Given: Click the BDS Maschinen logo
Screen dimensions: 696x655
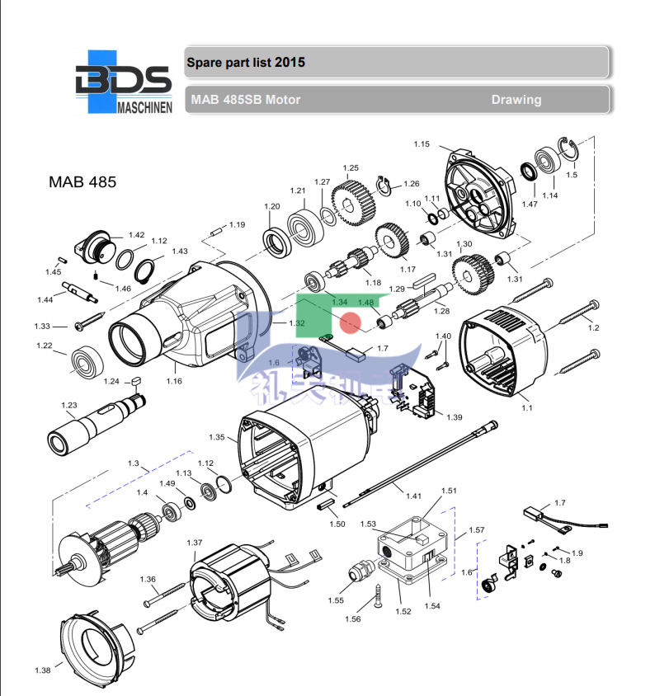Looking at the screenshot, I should pos(123,82).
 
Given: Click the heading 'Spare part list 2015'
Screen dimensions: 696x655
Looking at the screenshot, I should pos(246,62).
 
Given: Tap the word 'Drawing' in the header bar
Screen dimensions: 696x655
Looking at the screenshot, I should pos(516,100).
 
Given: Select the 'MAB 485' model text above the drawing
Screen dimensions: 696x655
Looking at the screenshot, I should pos(83,181).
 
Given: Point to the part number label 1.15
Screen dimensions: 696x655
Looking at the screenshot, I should pos(422,144).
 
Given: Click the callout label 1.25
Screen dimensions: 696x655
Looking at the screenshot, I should pos(351,168).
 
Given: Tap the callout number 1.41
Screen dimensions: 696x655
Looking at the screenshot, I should pos(413,496).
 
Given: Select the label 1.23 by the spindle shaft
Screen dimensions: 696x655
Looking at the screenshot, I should pos(69,405).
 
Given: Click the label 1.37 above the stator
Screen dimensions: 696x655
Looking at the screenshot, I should pos(195,543).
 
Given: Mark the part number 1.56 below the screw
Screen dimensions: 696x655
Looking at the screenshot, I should pos(353,618).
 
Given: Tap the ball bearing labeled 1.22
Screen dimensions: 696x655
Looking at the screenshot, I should pos(86,361).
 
